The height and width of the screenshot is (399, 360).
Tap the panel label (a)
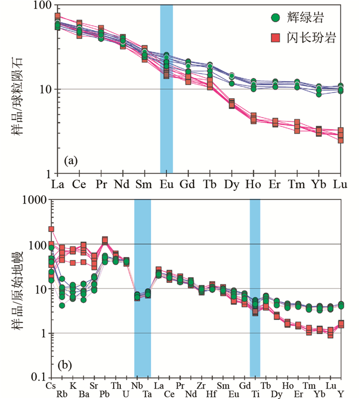pos(70,161)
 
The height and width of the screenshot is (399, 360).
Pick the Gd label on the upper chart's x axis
pos(187,184)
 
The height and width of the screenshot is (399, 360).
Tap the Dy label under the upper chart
pos(231,184)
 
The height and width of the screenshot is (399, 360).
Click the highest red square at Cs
pos(51,229)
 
